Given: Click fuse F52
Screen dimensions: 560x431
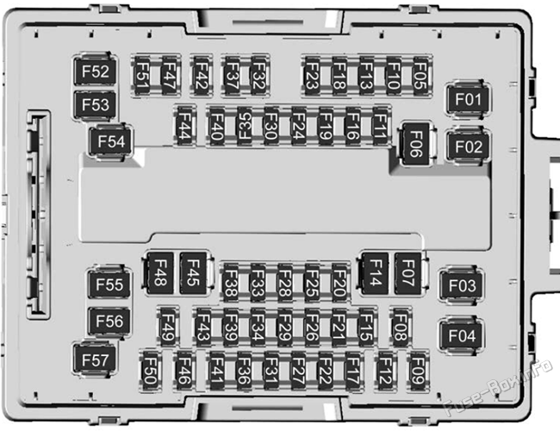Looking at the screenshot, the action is tap(95, 72).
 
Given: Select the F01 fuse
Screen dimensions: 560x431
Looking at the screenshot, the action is tap(468, 99).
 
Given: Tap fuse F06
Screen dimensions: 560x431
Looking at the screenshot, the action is tap(415, 144).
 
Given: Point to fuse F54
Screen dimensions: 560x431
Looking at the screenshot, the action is tap(111, 141).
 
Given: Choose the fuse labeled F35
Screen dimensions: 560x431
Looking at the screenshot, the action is tap(245, 126).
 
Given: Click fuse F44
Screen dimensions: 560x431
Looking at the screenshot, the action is tap(184, 126).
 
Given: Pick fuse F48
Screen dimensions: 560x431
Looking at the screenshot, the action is tap(160, 273).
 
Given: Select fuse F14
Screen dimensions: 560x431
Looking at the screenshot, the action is tap(375, 273).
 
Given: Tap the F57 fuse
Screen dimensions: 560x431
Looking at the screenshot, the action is tap(95, 359).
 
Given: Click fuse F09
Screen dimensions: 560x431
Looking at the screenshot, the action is tap(418, 372).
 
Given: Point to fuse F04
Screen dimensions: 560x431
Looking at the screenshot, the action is tap(462, 335).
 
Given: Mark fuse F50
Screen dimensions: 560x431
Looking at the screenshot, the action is tap(150, 372).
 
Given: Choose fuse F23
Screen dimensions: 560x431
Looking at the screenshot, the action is tap(311, 75).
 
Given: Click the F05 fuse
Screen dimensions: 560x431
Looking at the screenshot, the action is tap(420, 75).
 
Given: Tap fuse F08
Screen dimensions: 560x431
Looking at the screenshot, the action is tap(401, 327).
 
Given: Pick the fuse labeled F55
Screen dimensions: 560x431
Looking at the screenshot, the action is tap(109, 284).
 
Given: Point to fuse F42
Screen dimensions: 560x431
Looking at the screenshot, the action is tap(201, 75).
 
